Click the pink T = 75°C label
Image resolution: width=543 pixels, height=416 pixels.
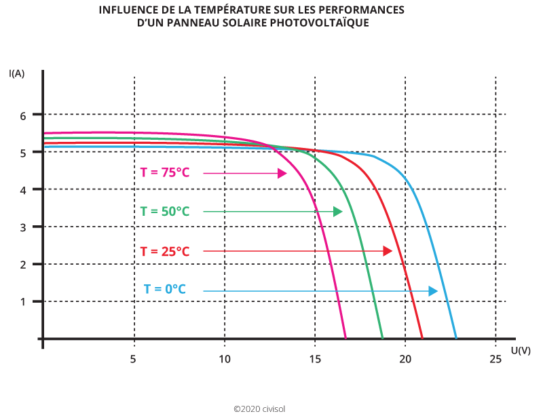pos(164,173)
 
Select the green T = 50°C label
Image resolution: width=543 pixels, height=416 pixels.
pos(164,212)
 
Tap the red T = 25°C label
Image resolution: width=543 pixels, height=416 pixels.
pos(164,251)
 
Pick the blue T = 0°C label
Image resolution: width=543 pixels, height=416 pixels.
pos(164,289)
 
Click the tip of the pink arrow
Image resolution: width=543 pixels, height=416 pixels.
pos(286,174)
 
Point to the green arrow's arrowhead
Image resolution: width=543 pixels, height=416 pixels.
pos(341,212)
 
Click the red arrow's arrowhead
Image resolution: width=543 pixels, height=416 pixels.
pos(392,251)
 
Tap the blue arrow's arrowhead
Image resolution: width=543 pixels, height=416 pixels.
pos(436,291)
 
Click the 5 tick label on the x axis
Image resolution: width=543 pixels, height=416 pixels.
pos(134,358)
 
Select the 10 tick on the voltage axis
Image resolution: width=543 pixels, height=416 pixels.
pos(224,358)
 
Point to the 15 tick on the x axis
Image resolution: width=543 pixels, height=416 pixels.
pos(315,358)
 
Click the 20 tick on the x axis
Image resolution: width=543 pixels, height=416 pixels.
pos(405,358)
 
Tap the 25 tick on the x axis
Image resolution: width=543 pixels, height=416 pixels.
pos(495,358)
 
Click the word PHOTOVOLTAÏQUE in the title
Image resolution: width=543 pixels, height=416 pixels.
pos(326,23)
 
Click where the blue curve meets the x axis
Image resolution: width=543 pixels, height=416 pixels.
pos(456,337)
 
